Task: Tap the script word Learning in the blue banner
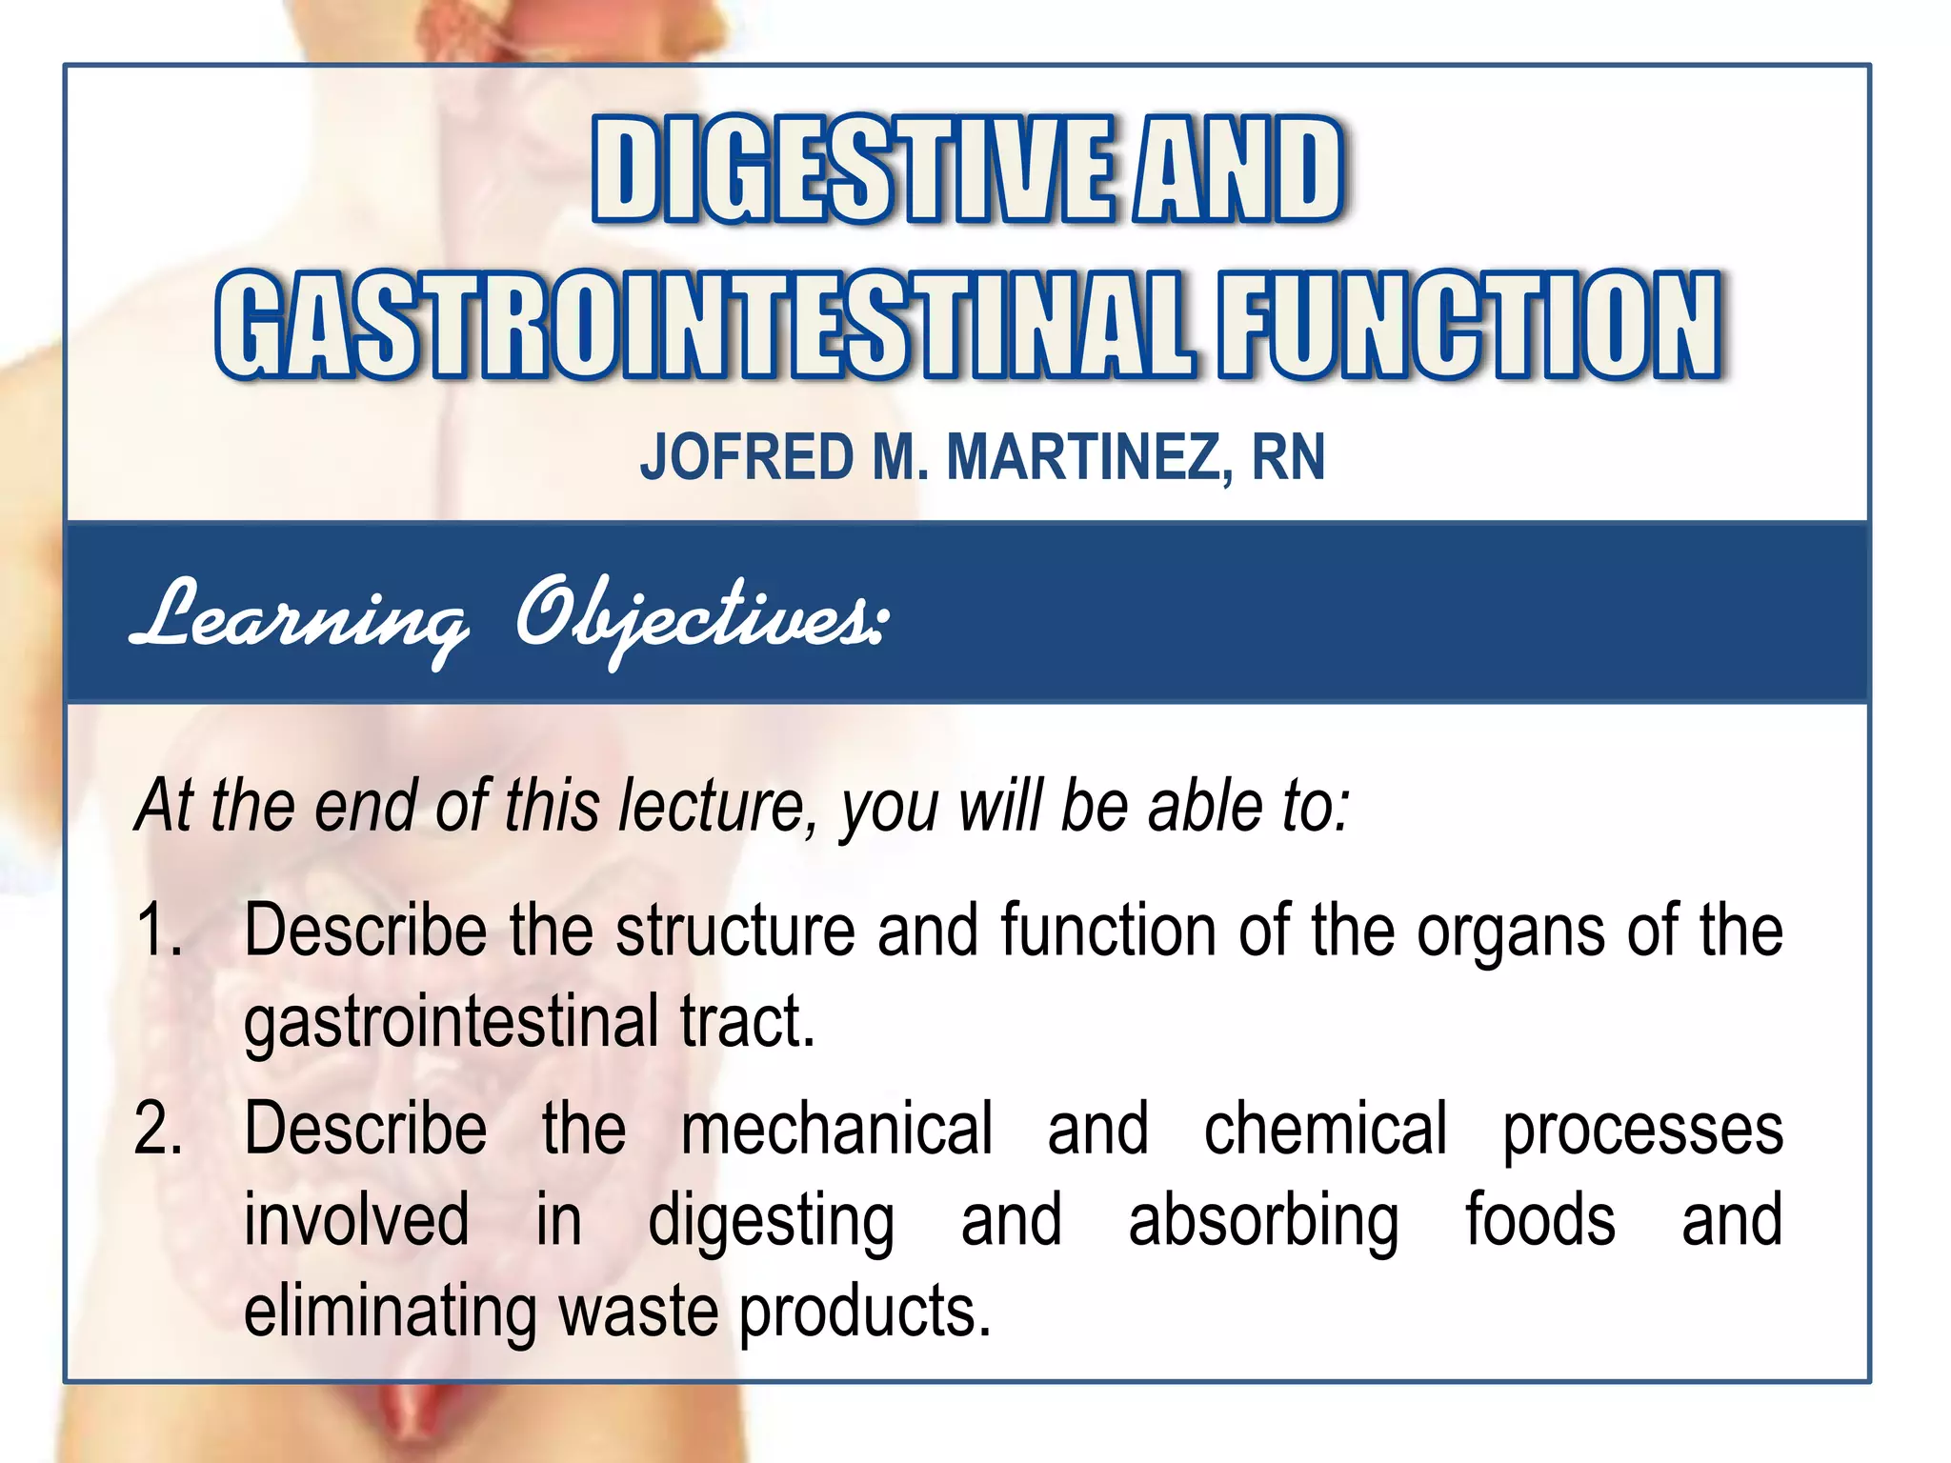click(x=299, y=617)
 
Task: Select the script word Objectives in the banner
click(x=702, y=617)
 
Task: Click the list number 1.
click(x=157, y=931)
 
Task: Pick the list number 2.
click(x=157, y=1130)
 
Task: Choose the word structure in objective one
click(x=735, y=931)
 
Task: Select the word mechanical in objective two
click(x=836, y=1130)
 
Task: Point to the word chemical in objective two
click(x=1325, y=1130)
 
